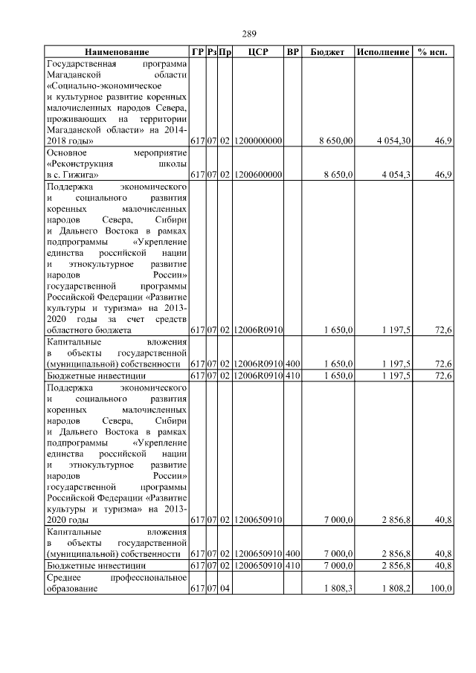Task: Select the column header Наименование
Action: [116, 52]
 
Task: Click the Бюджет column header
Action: [327, 52]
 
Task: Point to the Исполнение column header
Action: [382, 52]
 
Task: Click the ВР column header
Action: [293, 52]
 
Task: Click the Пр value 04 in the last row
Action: [225, 588]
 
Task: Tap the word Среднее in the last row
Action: [64, 577]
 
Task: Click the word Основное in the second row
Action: [67, 151]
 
